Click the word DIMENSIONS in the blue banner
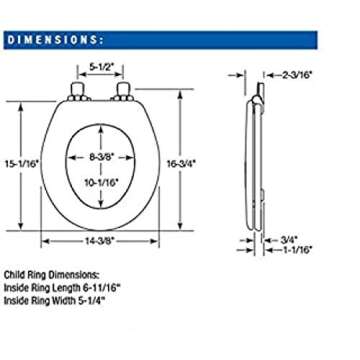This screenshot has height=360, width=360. [x=52, y=40]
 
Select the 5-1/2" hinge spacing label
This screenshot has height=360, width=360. [x=101, y=66]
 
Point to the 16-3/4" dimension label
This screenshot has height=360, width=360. [x=181, y=164]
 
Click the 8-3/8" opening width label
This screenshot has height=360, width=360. [x=101, y=157]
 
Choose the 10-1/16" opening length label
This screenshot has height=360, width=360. [x=101, y=182]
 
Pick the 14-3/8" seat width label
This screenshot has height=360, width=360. [x=100, y=242]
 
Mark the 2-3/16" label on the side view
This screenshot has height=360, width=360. [x=297, y=75]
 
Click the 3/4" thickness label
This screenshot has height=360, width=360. [x=289, y=239]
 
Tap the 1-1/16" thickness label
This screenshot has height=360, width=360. [x=297, y=249]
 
